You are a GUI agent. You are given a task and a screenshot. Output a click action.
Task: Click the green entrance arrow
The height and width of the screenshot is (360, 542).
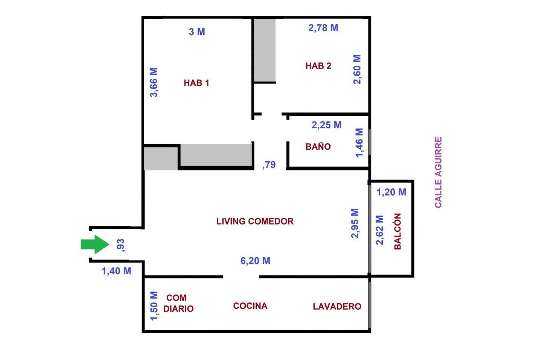click(x=95, y=244)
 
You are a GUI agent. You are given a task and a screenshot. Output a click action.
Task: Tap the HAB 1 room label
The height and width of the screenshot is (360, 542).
click(x=196, y=83)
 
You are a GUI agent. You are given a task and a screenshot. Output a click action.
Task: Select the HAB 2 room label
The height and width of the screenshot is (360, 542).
click(x=318, y=66)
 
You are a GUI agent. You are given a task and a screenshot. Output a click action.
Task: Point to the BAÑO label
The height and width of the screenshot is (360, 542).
click(x=318, y=146)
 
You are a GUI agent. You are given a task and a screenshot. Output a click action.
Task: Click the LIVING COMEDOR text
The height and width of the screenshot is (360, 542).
click(x=255, y=221)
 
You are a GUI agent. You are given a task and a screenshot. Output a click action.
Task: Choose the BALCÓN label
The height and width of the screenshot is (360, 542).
click(x=397, y=231)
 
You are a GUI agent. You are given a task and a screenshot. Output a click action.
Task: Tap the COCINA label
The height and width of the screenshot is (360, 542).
click(x=250, y=306)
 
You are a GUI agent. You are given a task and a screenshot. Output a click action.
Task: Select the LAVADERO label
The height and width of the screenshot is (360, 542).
click(x=337, y=306)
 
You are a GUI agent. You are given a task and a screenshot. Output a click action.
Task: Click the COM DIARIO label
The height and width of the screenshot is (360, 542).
click(x=178, y=303)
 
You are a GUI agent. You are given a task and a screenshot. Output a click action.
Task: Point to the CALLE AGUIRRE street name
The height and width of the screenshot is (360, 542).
click(x=438, y=172)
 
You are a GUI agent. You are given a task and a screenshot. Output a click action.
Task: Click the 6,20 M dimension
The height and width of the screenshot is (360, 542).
click(x=255, y=261)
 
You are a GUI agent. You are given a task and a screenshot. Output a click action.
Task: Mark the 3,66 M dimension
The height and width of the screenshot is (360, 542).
click(x=154, y=82)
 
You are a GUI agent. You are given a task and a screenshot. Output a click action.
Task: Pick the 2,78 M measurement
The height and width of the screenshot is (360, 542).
click(x=323, y=28)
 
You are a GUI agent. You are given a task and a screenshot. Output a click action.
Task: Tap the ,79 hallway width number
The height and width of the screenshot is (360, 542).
click(x=269, y=165)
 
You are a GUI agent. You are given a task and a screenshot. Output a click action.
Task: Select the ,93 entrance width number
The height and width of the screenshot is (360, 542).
click(x=120, y=245)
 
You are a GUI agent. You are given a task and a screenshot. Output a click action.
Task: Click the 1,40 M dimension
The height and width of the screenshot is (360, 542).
click(x=116, y=271)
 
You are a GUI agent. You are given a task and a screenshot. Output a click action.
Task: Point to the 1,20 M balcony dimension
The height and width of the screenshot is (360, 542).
click(x=391, y=192)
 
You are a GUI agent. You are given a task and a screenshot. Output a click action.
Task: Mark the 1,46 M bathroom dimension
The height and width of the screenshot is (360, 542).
click(x=359, y=143)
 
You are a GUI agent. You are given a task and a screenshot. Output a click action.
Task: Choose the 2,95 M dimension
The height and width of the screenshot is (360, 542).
click(x=355, y=223)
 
